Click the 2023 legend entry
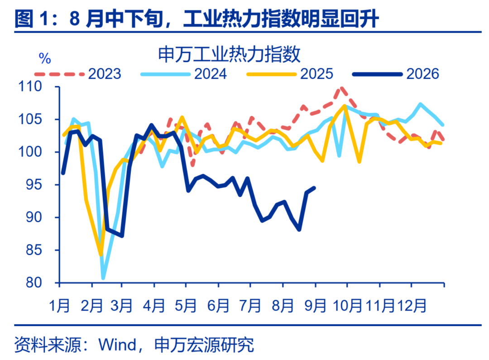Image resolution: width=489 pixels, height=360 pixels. click(x=78, y=74)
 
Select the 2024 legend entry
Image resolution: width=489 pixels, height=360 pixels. click(x=184, y=74)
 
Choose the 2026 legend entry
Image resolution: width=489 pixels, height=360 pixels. click(x=396, y=74)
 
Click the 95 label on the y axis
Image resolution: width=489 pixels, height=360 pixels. click(x=34, y=185)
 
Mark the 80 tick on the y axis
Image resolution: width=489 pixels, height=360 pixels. click(x=34, y=283)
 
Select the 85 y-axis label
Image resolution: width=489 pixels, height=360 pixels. click(x=34, y=250)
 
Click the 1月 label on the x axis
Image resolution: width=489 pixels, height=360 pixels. click(x=59, y=305)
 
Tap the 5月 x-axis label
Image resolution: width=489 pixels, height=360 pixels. click(x=186, y=305)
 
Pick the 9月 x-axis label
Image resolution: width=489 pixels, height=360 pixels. click(x=315, y=305)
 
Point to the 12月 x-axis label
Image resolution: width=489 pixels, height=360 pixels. click(x=411, y=305)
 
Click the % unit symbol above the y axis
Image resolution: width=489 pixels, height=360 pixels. click(x=45, y=58)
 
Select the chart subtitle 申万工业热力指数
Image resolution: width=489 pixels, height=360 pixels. click(x=229, y=54)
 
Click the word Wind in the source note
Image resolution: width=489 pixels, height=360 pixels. click(x=117, y=345)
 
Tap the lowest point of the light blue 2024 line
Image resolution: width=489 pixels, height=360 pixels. click(x=103, y=278)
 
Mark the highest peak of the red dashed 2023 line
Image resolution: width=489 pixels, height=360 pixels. click(x=342, y=88)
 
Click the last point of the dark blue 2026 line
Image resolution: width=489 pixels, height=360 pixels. click(x=314, y=188)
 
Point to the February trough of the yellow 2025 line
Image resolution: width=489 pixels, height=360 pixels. click(x=101, y=255)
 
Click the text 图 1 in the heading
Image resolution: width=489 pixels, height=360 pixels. click(x=32, y=19)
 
